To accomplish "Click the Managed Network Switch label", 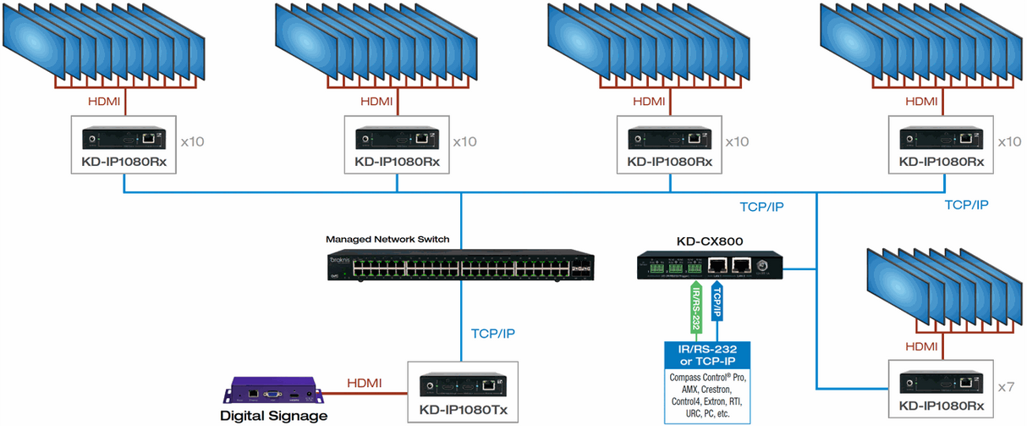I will [387, 240].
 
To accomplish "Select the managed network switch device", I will [462, 267].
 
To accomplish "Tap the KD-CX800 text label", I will [709, 241].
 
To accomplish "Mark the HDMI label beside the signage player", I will [364, 384].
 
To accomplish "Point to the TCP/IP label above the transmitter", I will [492, 334].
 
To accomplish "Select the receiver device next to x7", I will [941, 381].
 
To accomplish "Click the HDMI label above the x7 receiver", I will [920, 346].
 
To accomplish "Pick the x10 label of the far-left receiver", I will [192, 141].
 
